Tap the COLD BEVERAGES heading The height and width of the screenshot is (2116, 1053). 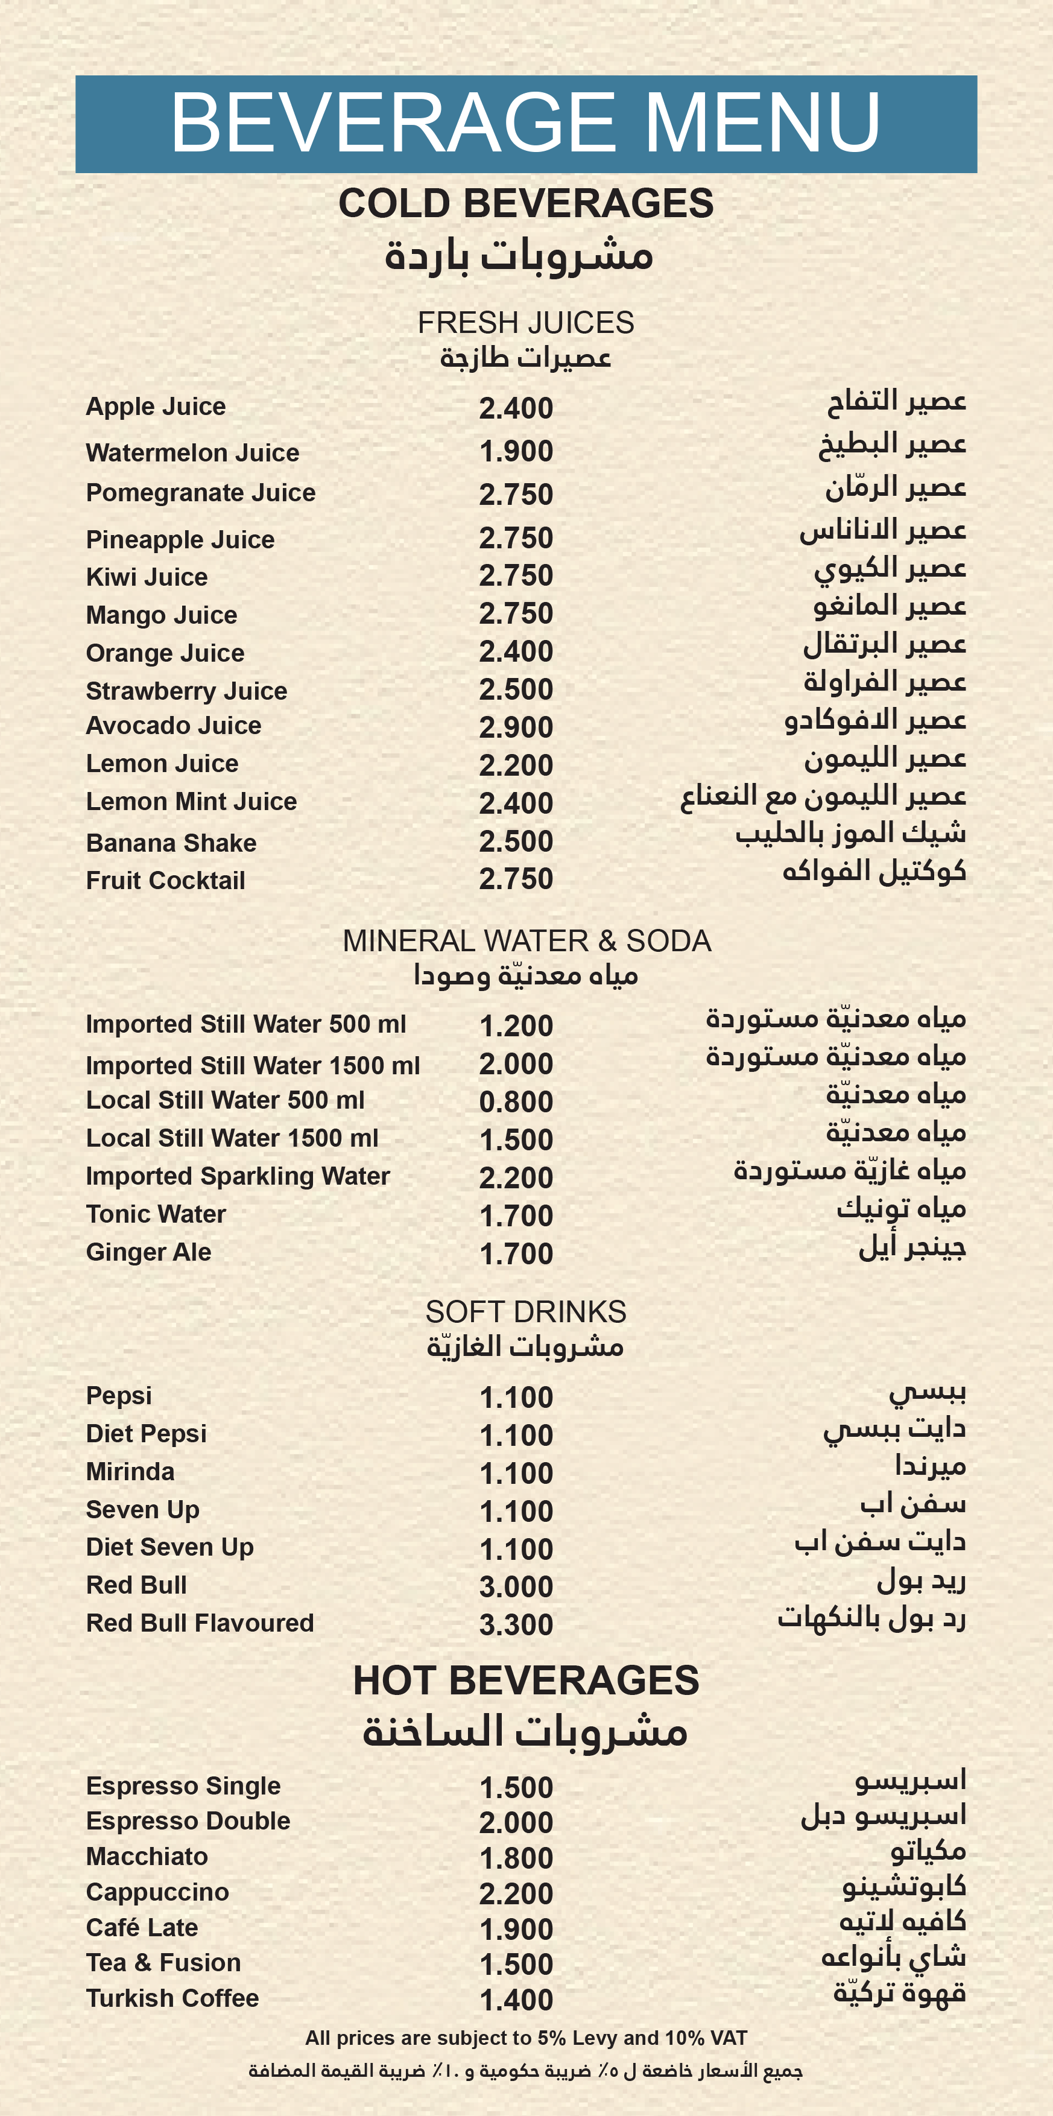click(526, 203)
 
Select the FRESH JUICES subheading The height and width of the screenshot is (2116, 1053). click(526, 323)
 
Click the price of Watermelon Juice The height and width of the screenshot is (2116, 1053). click(516, 451)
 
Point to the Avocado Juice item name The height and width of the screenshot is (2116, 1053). click(173, 725)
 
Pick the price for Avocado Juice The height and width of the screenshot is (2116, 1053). click(516, 727)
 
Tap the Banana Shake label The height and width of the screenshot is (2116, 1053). click(171, 843)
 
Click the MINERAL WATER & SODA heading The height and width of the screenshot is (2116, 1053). click(526, 940)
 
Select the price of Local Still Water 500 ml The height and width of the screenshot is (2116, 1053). click(516, 1101)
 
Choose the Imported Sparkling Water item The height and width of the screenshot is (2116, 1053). click(238, 1176)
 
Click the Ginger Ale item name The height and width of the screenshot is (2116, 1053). click(149, 1252)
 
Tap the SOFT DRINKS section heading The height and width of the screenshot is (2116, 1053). click(526, 1312)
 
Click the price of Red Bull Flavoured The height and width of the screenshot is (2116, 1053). click(516, 1625)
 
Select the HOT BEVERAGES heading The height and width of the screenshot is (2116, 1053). click(526, 1680)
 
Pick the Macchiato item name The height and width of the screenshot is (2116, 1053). click(147, 1857)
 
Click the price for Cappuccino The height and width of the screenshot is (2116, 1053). click(516, 1893)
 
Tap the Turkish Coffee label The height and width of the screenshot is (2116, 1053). click(172, 1998)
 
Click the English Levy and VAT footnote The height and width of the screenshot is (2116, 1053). click(526, 2038)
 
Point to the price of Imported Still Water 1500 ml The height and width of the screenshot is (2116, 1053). click(516, 1064)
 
